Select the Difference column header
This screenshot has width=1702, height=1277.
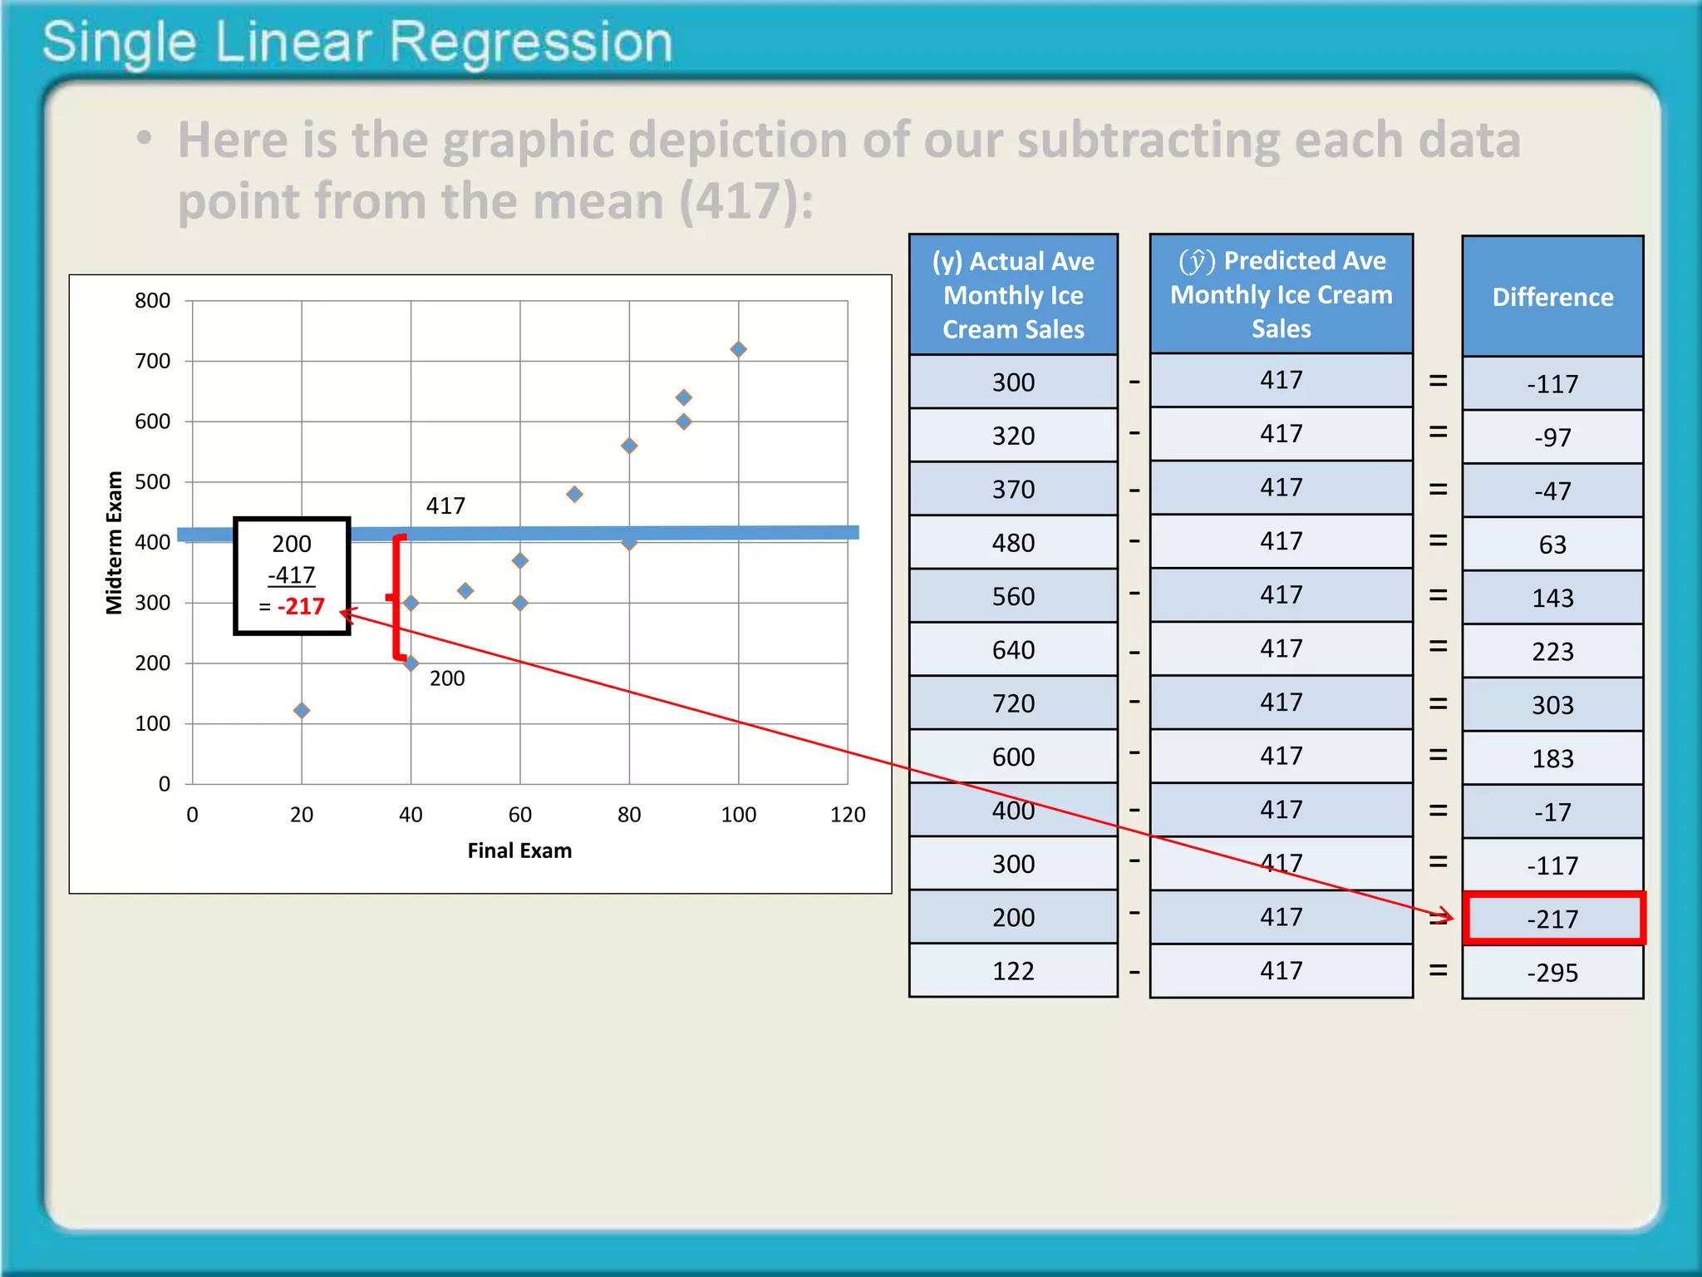click(1552, 297)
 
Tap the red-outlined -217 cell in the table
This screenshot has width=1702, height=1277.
click(1552, 919)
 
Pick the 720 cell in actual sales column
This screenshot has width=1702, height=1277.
click(1013, 703)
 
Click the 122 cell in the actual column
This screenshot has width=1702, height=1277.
click(1013, 971)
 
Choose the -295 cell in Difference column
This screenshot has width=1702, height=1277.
click(1552, 972)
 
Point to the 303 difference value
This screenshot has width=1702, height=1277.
click(1552, 705)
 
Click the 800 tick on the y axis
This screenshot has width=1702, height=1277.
click(153, 300)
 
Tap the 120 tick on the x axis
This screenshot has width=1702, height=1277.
click(848, 815)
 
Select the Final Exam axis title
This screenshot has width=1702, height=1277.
click(519, 851)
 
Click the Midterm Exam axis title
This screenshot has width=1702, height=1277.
click(114, 542)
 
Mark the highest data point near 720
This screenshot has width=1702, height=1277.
click(738, 349)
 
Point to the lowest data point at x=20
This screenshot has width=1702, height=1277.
click(302, 710)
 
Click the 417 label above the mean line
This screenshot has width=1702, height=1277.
click(445, 505)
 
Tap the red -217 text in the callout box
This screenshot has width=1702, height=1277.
click(301, 606)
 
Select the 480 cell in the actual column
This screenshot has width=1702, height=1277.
click(1013, 543)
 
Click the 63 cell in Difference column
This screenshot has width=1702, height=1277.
click(1552, 545)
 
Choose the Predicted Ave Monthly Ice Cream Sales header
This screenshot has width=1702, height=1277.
click(1281, 294)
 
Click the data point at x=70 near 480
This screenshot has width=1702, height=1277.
click(574, 494)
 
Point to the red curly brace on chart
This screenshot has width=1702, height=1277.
click(397, 597)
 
